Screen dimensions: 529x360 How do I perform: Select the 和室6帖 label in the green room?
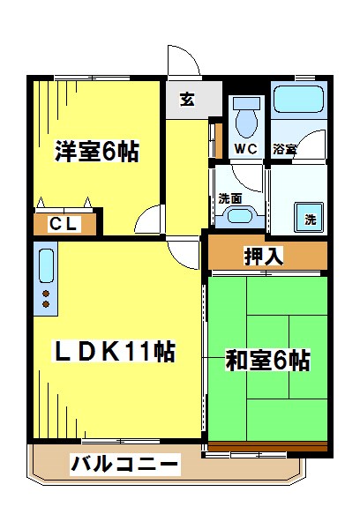coord(267,361)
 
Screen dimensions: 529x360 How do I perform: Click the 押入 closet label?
coord(264,257)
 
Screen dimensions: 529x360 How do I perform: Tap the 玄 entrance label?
coord(189,99)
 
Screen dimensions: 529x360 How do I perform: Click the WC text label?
coord(245,149)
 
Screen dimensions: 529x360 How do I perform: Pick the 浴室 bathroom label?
coord(284,149)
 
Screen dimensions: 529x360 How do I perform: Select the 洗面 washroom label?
coord(229,198)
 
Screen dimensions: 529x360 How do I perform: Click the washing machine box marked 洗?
coord(311,218)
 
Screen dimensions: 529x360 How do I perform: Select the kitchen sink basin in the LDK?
coord(46,264)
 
